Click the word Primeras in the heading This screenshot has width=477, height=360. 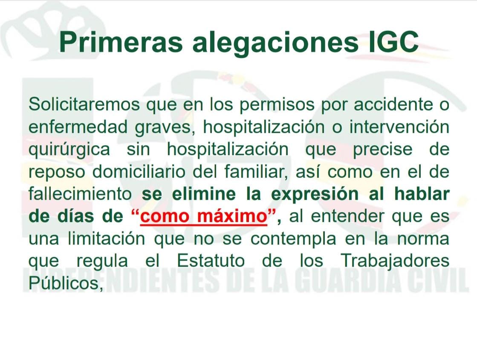click(121, 42)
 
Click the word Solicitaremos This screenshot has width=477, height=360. click(84, 104)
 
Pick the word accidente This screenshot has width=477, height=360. click(393, 104)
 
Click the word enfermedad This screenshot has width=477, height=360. click(78, 127)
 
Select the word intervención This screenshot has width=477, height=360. click(399, 127)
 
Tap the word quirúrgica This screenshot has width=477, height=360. click(69, 150)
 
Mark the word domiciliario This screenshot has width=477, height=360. click(139, 172)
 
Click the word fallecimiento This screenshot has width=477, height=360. click(80, 194)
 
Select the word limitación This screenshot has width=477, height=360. click(107, 239)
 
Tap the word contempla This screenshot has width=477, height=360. click(293, 239)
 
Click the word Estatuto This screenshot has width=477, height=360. click(211, 261)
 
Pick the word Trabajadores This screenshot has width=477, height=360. click(395, 262)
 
